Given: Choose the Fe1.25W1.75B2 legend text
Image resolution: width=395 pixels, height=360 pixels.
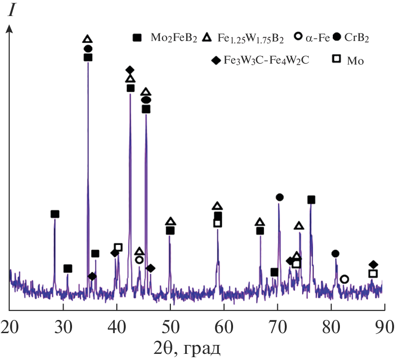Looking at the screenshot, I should [x=250, y=38].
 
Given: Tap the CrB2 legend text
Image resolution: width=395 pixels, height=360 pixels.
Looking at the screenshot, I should [x=356, y=38].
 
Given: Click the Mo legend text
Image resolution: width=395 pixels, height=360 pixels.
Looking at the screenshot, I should [x=355, y=60].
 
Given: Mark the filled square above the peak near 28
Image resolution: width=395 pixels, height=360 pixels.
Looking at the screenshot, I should [x=55, y=214].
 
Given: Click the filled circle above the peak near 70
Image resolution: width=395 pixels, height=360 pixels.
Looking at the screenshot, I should [x=280, y=197].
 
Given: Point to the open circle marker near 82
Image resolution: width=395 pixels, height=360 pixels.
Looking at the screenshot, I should [x=344, y=279].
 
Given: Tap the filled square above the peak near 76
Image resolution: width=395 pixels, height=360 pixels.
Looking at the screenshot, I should [x=311, y=200].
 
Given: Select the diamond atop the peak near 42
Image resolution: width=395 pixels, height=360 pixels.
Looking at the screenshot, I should [x=130, y=70].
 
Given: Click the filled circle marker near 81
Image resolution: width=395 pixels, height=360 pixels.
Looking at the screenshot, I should [x=335, y=254].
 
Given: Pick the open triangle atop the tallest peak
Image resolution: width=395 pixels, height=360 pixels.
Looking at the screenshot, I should [x=87, y=39].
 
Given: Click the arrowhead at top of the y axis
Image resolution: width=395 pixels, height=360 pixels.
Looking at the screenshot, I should [x=9, y=29].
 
